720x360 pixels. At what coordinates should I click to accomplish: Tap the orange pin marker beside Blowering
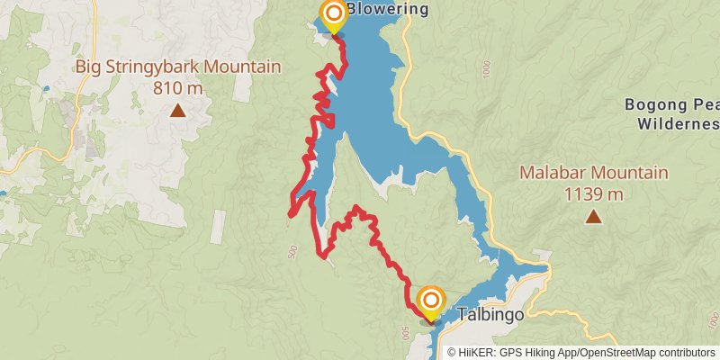[x=333, y=13]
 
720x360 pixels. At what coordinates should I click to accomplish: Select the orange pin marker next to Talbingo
[x=431, y=301]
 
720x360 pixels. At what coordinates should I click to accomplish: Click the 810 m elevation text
[x=178, y=88]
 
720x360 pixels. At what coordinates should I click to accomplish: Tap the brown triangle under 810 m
[x=178, y=112]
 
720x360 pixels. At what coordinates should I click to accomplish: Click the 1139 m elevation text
[x=593, y=193]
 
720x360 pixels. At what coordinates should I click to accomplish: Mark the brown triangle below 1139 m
[x=593, y=216]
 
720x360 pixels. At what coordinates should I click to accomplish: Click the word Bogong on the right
[x=653, y=104]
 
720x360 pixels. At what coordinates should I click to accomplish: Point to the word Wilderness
[x=675, y=123]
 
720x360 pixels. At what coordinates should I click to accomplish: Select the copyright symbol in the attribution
[x=453, y=352]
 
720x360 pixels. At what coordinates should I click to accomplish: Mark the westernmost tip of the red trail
[x=289, y=213]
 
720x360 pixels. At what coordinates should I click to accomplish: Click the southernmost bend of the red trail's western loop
[x=323, y=256]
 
